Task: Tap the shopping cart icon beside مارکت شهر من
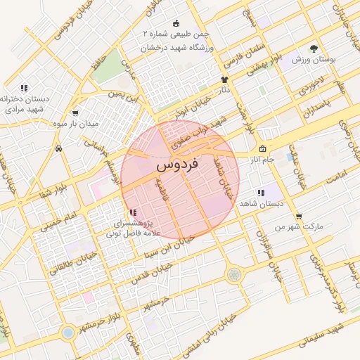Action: click(299, 217)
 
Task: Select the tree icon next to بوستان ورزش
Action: click(313, 49)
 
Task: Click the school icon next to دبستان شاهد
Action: click(261, 193)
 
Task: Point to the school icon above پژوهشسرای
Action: click(134, 212)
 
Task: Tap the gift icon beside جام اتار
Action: click(262, 149)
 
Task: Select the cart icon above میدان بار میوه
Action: click(75, 112)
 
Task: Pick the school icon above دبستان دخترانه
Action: click(24, 89)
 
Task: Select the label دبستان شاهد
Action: click(259, 203)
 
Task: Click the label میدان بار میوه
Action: click(75, 123)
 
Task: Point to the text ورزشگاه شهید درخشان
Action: click(173, 48)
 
